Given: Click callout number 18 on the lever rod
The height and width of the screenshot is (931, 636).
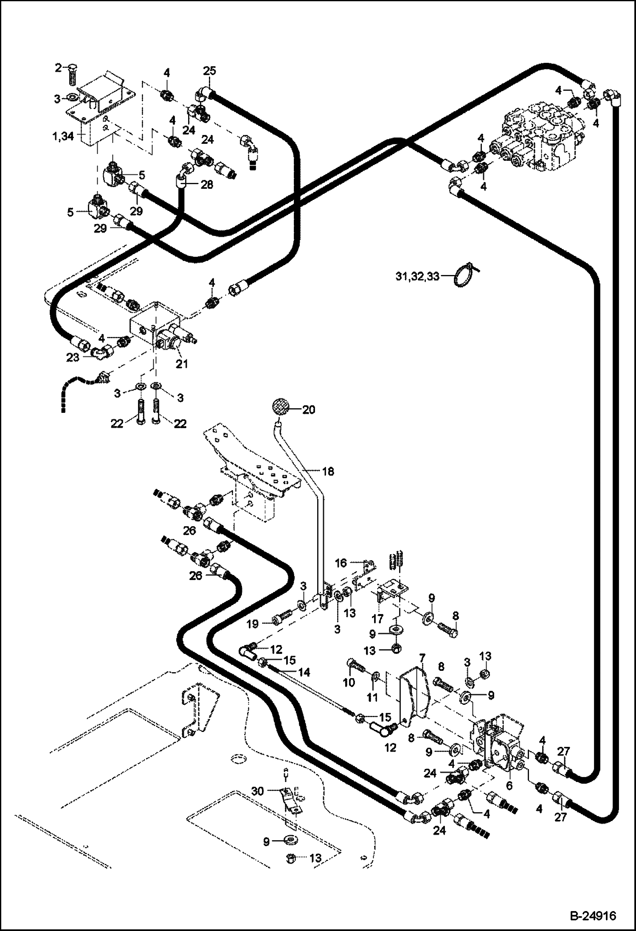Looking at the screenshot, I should click(x=328, y=471).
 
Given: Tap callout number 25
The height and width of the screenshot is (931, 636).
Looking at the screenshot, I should click(x=209, y=71).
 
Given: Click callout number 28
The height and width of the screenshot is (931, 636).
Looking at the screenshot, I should click(x=207, y=185).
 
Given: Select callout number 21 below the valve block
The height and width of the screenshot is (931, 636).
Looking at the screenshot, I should click(x=182, y=364).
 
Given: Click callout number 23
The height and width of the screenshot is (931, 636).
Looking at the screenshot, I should click(x=73, y=357).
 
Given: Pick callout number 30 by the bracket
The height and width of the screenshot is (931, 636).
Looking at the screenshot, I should click(x=258, y=791).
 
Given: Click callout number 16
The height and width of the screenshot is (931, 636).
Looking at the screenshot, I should click(x=341, y=563).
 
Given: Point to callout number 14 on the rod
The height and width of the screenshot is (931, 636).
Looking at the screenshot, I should click(x=304, y=672).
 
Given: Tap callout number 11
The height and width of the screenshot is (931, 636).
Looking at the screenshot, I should click(x=372, y=697).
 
